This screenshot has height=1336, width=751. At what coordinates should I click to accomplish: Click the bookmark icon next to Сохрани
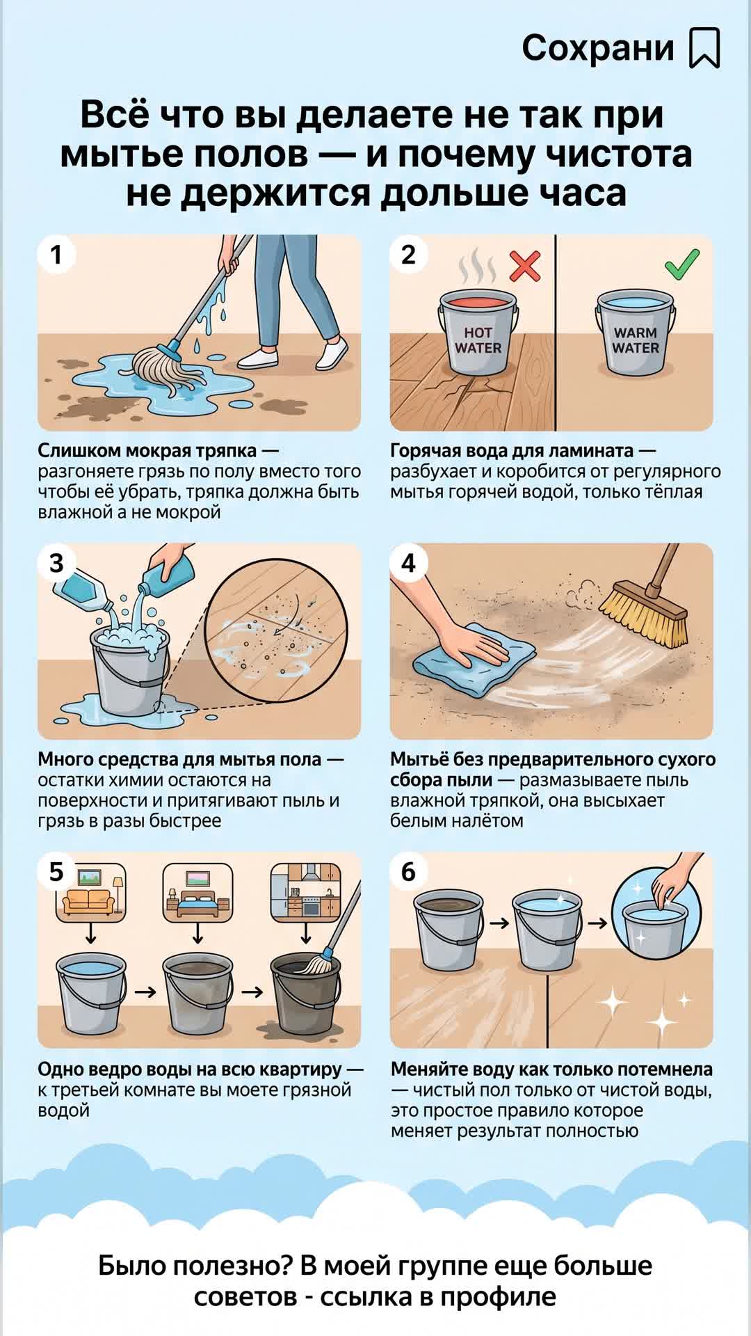[x=704, y=48]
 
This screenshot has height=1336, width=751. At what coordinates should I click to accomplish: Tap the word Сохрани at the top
[x=598, y=48]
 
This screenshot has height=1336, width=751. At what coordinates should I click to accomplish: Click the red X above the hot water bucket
[x=525, y=265]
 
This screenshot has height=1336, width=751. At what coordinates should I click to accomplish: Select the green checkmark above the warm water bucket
[x=682, y=263]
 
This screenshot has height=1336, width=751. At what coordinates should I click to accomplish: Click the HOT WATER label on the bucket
[x=478, y=340]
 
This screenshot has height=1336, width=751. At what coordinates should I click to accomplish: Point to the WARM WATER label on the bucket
[x=636, y=340]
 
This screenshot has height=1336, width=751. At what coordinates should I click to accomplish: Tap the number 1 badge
[x=57, y=255]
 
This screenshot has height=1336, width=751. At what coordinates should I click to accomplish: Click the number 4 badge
[x=409, y=563]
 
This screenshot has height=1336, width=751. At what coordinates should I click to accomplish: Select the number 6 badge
[x=409, y=872]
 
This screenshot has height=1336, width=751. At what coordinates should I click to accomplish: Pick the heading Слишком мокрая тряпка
[x=147, y=451]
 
